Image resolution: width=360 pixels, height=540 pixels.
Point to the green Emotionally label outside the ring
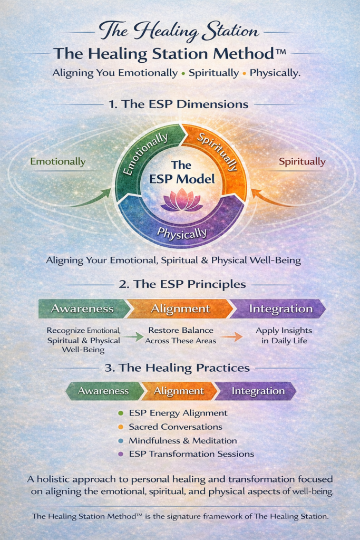58,162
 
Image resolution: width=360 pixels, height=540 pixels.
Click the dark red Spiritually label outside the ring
302,162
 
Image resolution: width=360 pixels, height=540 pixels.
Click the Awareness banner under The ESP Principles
83,308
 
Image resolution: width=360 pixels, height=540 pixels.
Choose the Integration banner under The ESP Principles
278,308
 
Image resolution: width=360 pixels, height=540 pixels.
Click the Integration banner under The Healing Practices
257,391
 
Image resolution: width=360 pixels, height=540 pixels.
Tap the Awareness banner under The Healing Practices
104,391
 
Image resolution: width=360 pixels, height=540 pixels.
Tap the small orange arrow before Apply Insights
231,336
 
